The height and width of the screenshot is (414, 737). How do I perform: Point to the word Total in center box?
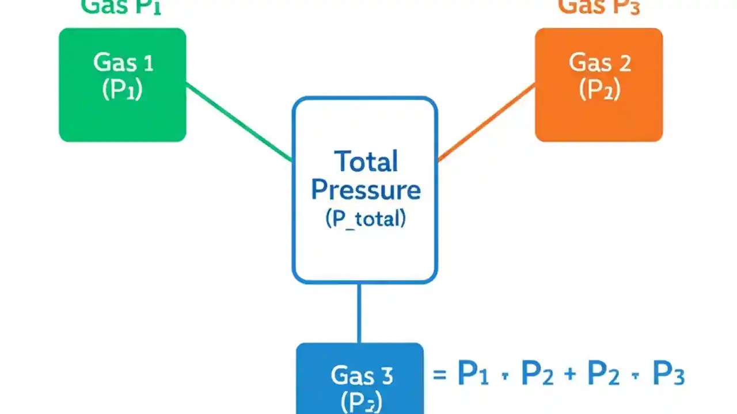366,162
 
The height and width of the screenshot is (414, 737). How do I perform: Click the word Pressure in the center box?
366,190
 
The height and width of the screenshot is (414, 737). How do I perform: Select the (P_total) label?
366,219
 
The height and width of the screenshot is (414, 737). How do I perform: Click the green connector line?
239,122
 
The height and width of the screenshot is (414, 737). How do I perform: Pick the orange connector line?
487,122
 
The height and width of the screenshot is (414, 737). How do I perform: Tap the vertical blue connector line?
359,313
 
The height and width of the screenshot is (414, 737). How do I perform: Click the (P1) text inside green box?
122,90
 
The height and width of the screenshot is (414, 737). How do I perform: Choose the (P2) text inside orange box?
599,90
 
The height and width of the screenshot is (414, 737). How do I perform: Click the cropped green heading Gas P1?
121,7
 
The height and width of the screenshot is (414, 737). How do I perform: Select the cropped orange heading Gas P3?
599,7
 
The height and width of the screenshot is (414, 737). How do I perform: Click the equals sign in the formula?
439,375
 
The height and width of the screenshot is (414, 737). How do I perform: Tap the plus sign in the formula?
570,375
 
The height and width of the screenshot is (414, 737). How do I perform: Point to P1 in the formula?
473,374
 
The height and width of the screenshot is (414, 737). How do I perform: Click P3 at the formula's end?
668,374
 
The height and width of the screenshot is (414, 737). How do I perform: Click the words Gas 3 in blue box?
362,375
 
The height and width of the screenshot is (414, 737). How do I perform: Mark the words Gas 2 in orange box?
599,62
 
